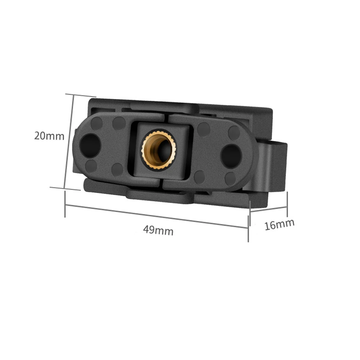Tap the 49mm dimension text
tap(158, 230)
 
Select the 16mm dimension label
tap(279, 225)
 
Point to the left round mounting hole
tap(90, 145)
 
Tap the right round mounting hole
tap(230, 155)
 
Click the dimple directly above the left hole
tap(96, 123)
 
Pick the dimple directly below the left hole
tap(91, 166)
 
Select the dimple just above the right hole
tap(234, 133)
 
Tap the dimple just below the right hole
tap(230, 178)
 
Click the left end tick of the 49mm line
tap(65, 204)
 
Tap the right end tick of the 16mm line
tap(287, 204)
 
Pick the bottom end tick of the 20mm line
tap(65, 188)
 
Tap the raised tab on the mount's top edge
tap(164, 107)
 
